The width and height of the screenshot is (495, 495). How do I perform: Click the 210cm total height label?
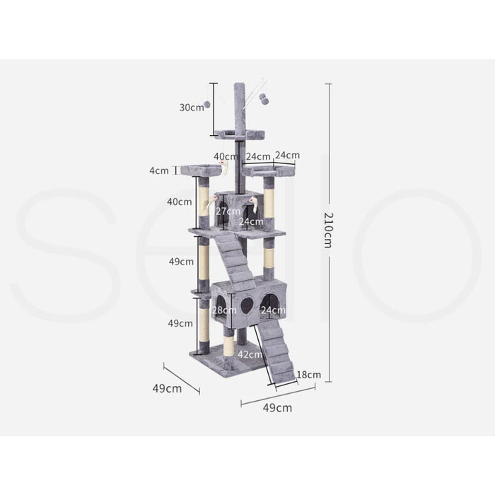(328, 230)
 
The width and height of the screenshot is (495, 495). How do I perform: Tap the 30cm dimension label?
(192, 107)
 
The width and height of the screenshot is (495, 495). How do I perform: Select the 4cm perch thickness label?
(159, 171)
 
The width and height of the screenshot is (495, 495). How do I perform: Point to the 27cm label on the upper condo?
(228, 211)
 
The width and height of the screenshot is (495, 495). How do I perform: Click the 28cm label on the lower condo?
(224, 310)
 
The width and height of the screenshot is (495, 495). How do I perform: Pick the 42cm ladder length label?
(250, 354)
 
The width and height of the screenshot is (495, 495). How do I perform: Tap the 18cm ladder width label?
(309, 375)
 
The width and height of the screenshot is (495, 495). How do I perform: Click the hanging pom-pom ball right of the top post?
(264, 100)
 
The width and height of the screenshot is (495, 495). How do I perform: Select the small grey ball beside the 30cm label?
(207, 105)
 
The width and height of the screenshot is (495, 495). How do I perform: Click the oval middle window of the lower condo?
(246, 304)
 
